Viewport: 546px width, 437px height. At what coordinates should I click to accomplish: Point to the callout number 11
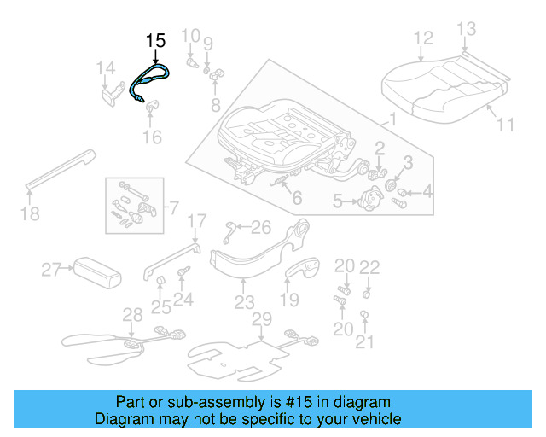505,125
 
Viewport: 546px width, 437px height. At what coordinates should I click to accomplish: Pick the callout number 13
465,30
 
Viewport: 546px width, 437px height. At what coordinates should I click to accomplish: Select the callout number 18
30,213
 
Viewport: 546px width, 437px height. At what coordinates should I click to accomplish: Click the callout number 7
174,207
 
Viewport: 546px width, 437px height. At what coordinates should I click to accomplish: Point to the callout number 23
244,302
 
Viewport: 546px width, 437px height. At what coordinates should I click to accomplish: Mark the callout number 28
132,315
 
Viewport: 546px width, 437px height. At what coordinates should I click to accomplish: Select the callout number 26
260,227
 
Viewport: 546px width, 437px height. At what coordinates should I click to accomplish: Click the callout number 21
364,342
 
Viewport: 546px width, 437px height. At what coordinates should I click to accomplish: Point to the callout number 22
369,267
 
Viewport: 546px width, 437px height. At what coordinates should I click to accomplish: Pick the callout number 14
104,68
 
